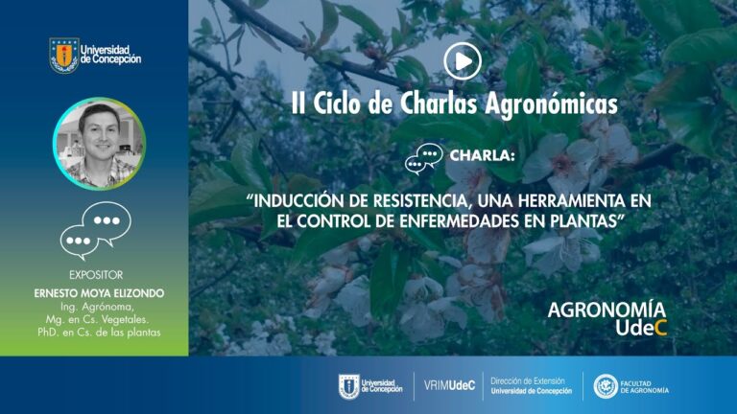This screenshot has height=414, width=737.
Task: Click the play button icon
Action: tap(463, 61)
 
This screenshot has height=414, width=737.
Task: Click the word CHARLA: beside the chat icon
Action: tap(483, 155)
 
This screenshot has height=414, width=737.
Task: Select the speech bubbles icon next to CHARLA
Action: tap(424, 159)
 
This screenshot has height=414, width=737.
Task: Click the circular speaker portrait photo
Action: tap(99, 144)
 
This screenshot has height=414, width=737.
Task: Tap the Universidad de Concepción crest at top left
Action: tap(64, 55)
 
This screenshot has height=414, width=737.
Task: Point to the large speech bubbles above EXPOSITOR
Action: tap(95, 230)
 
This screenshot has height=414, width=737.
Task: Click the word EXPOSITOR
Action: tap(96, 275)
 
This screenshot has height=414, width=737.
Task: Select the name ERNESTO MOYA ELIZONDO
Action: tap(99, 293)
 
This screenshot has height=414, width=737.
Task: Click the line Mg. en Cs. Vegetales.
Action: tap(97, 320)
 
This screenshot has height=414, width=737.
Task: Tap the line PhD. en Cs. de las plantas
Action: tap(99, 333)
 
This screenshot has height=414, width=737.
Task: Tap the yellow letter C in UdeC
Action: tap(660, 328)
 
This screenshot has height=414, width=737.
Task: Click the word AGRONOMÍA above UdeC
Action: tap(606, 310)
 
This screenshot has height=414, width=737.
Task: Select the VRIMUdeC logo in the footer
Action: tap(449, 386)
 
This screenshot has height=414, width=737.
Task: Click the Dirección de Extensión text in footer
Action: tap(531, 386)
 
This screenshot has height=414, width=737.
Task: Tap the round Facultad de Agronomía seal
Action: tap(606, 386)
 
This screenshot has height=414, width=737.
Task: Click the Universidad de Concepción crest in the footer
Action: tap(348, 387)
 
